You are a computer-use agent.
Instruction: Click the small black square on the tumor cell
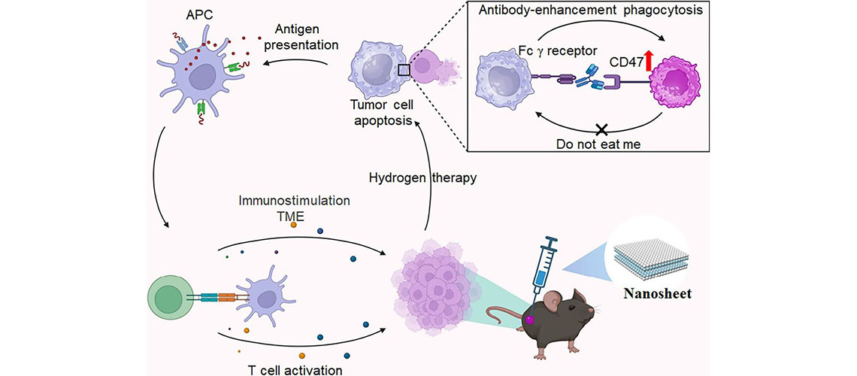(404, 70)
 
